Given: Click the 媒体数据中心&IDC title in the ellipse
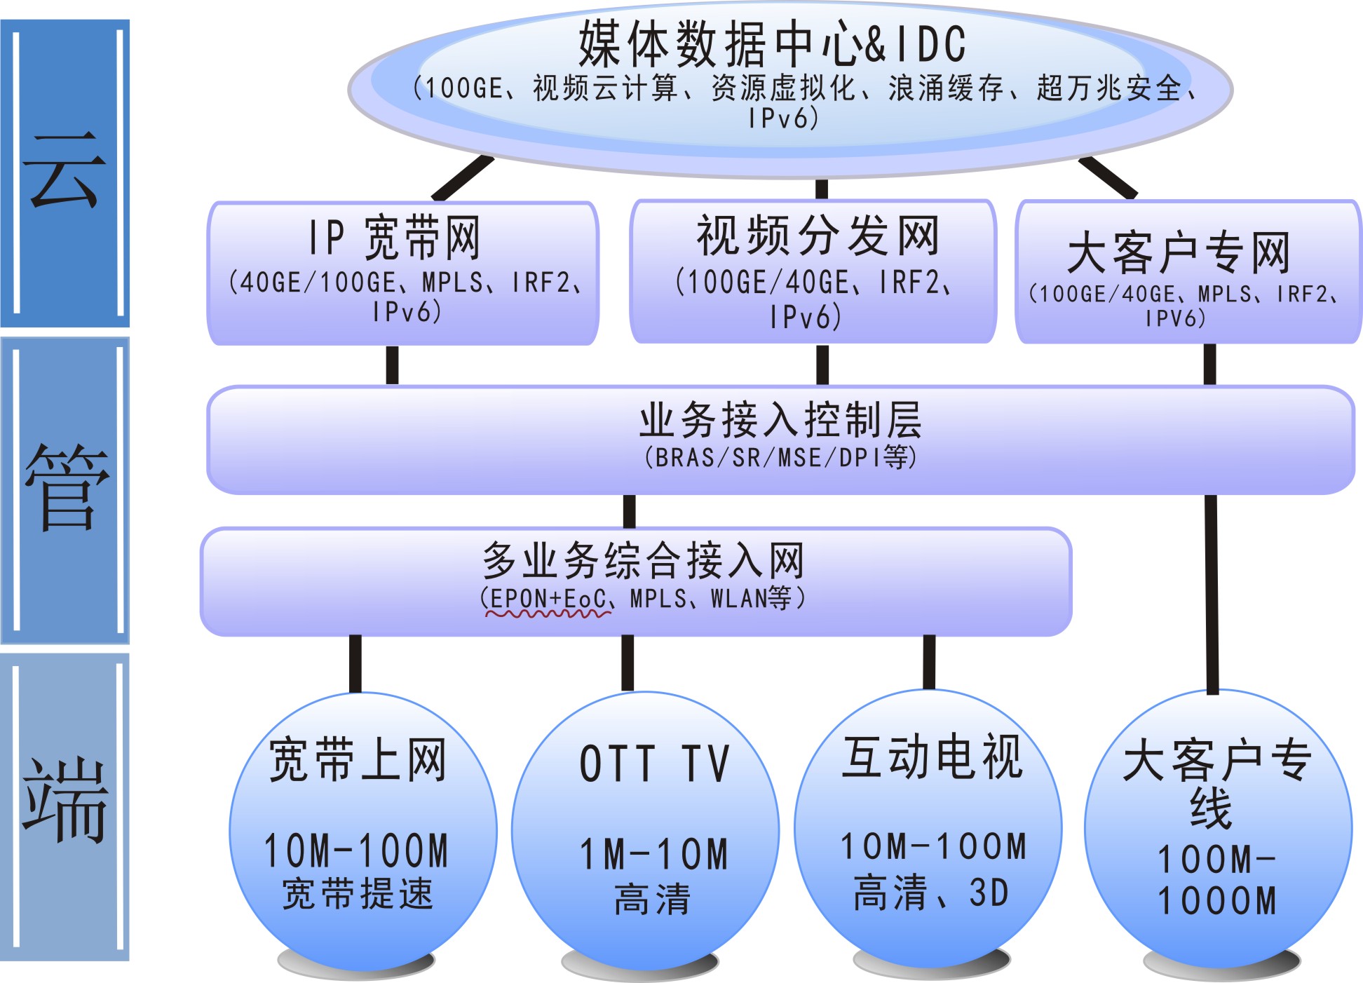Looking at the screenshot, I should (x=772, y=43).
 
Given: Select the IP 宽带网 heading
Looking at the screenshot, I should (x=395, y=238).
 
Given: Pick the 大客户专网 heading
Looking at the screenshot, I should (x=1179, y=252).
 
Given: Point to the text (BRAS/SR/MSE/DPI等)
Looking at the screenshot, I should (x=780, y=458).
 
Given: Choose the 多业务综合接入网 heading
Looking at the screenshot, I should (x=643, y=560).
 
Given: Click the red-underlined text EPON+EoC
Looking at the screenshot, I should (x=548, y=599).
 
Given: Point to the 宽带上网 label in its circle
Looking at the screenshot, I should (x=358, y=759).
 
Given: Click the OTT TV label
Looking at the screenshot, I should (x=654, y=764).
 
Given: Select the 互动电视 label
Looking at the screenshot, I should (x=933, y=757).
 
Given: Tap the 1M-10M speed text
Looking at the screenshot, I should (x=654, y=854).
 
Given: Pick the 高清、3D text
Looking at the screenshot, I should (x=932, y=893).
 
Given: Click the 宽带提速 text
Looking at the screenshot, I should (x=358, y=894).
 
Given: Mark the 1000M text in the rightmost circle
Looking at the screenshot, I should (x=1217, y=902).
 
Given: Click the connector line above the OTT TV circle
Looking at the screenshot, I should (x=628, y=663).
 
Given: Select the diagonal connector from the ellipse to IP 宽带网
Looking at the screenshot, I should (x=463, y=178).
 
